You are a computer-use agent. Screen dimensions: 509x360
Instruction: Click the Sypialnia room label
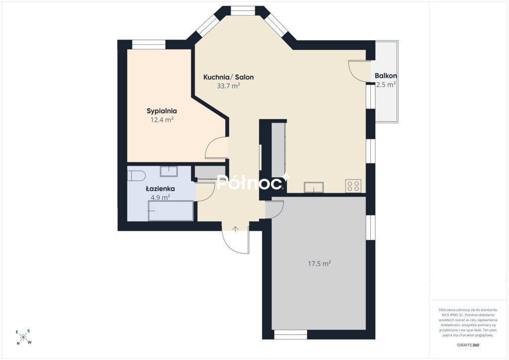pos(162,111)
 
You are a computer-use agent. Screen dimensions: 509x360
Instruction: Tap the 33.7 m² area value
pos(229,86)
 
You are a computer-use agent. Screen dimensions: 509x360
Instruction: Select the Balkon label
pos(386,76)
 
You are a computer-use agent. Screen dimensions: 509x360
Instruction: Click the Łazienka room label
pos(161,188)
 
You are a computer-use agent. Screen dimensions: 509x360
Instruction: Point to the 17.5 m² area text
pos(320,264)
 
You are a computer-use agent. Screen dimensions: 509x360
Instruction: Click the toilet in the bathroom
pos(136,176)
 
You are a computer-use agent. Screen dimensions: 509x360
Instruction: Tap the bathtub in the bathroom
pos(171,211)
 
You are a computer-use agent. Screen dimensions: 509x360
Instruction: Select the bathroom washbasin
pos(169,171)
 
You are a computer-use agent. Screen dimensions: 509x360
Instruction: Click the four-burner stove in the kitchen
pos(353,186)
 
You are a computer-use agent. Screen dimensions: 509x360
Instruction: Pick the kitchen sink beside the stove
pos(314,187)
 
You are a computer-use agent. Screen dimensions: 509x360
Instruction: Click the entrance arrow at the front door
pos(235,229)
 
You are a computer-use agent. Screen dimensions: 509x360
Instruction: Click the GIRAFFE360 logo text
pos(468,345)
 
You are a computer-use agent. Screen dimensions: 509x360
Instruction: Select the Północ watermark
pos(254,182)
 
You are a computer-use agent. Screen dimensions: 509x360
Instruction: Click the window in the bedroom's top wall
pos(149,44)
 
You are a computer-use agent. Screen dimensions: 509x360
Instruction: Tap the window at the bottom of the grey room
pos(291,335)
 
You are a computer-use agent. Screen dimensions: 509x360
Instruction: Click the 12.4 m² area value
pos(162,120)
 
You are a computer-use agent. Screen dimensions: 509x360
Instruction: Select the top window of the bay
pos(243,11)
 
